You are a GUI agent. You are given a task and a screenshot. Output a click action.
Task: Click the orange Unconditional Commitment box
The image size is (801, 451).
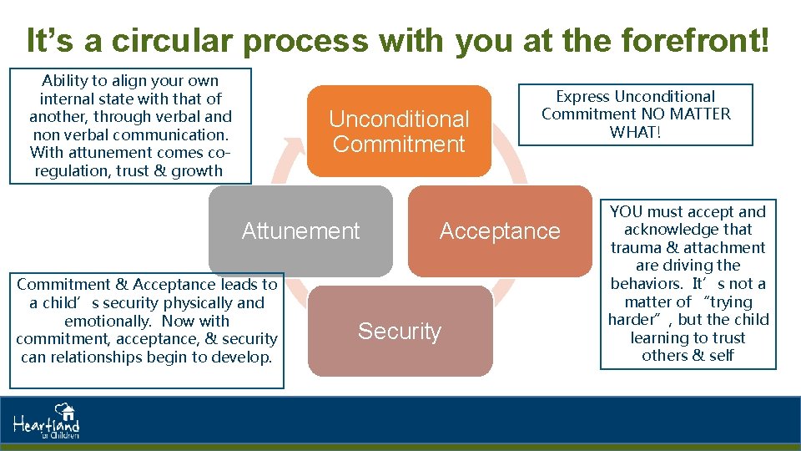coord(399,131)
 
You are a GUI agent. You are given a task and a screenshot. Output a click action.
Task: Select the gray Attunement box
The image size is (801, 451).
coord(300,231)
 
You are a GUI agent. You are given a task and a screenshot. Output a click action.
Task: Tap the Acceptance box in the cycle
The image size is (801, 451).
coord(500,231)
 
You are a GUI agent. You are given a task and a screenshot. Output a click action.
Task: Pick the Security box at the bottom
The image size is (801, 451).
coord(400,331)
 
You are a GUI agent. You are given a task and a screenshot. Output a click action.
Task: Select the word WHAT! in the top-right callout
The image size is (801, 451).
coord(636,132)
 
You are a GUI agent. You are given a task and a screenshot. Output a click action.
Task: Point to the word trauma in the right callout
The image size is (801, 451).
coord(636,248)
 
